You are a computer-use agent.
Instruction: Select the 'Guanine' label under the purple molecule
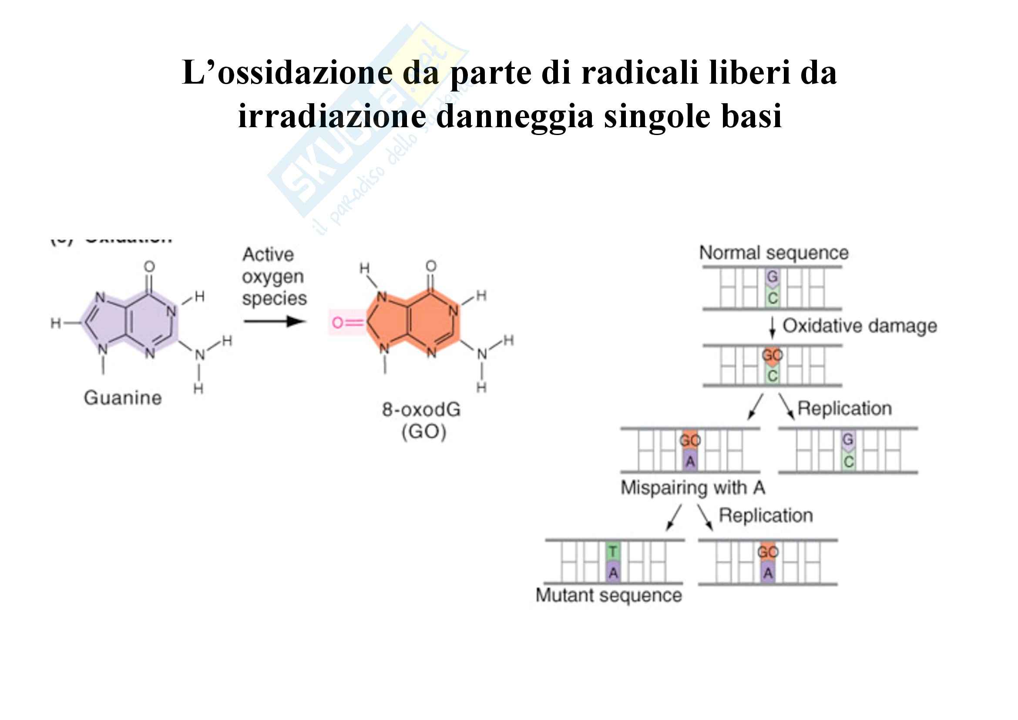[123, 398]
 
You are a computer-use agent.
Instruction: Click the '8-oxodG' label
[421, 409]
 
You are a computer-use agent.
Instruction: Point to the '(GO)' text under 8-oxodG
[423, 432]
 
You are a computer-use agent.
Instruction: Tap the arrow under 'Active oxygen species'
[275, 321]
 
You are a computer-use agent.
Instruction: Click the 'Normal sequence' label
[774, 253]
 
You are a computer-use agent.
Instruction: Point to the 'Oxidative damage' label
[860, 326]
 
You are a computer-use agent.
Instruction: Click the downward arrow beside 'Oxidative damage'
[773, 328]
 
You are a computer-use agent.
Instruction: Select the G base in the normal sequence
[773, 277]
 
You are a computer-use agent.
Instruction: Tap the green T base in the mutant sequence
[613, 552]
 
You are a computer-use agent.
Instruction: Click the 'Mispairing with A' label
[693, 487]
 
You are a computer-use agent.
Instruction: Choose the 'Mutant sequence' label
[609, 595]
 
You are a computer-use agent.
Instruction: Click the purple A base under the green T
[613, 573]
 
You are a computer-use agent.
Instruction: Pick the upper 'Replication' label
[844, 409]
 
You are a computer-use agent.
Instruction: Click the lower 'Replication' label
[766, 515]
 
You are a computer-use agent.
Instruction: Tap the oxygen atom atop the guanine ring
[149, 267]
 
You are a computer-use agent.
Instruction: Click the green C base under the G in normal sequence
[773, 298]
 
